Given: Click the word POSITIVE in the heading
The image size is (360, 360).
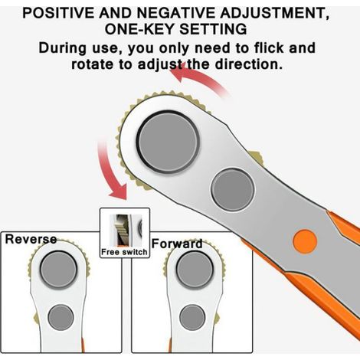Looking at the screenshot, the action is [x=58, y=13].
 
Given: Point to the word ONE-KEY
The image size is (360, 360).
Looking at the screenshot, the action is [x=139, y=29].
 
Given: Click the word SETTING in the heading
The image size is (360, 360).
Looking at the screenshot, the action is [x=213, y=29].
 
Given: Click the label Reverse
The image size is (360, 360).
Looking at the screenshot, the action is [x=31, y=239].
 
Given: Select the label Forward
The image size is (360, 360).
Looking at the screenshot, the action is [x=177, y=244].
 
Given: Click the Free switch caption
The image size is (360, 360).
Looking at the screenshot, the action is [x=124, y=252].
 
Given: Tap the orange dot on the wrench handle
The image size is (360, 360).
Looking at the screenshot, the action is [x=305, y=241].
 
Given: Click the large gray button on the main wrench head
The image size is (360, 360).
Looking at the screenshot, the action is [x=169, y=142].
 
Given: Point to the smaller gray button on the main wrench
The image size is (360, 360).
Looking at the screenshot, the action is [x=232, y=189].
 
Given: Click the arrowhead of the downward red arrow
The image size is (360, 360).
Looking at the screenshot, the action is [x=119, y=192].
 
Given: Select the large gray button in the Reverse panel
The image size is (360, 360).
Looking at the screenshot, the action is [x=58, y=270].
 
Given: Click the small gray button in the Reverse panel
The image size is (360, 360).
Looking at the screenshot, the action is [x=61, y=317].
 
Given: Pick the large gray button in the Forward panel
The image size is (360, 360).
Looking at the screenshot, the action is [x=195, y=270].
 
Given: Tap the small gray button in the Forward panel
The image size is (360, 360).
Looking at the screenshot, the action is [x=192, y=317].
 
